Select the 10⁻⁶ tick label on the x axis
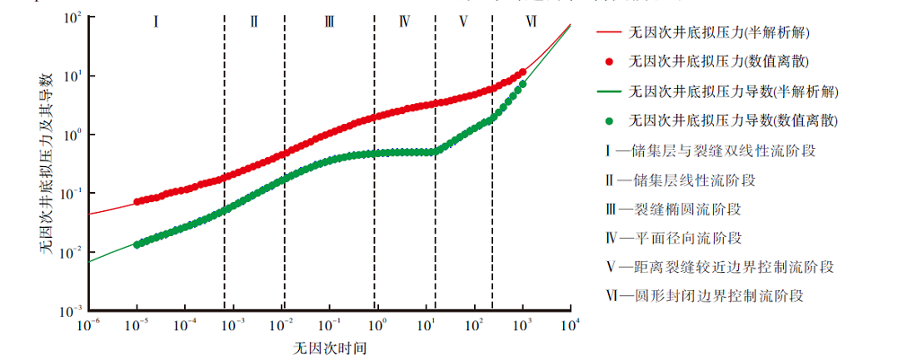tap(88, 325)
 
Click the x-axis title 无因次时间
tap(329, 347)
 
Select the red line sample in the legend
tap(608, 33)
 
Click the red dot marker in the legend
tap(608, 62)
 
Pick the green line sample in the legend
tap(608, 91)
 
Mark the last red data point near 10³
tap(523, 73)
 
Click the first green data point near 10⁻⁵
tap(136, 244)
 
